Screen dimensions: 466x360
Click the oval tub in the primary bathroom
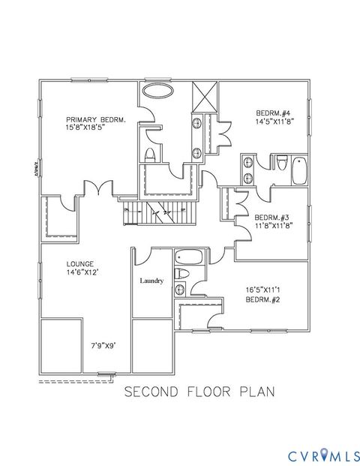(x=157, y=91)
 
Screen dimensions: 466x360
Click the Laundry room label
(x=152, y=281)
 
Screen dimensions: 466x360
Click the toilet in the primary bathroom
(x=149, y=155)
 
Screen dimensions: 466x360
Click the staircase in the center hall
(x=159, y=212)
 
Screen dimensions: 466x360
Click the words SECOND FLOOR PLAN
(x=199, y=391)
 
